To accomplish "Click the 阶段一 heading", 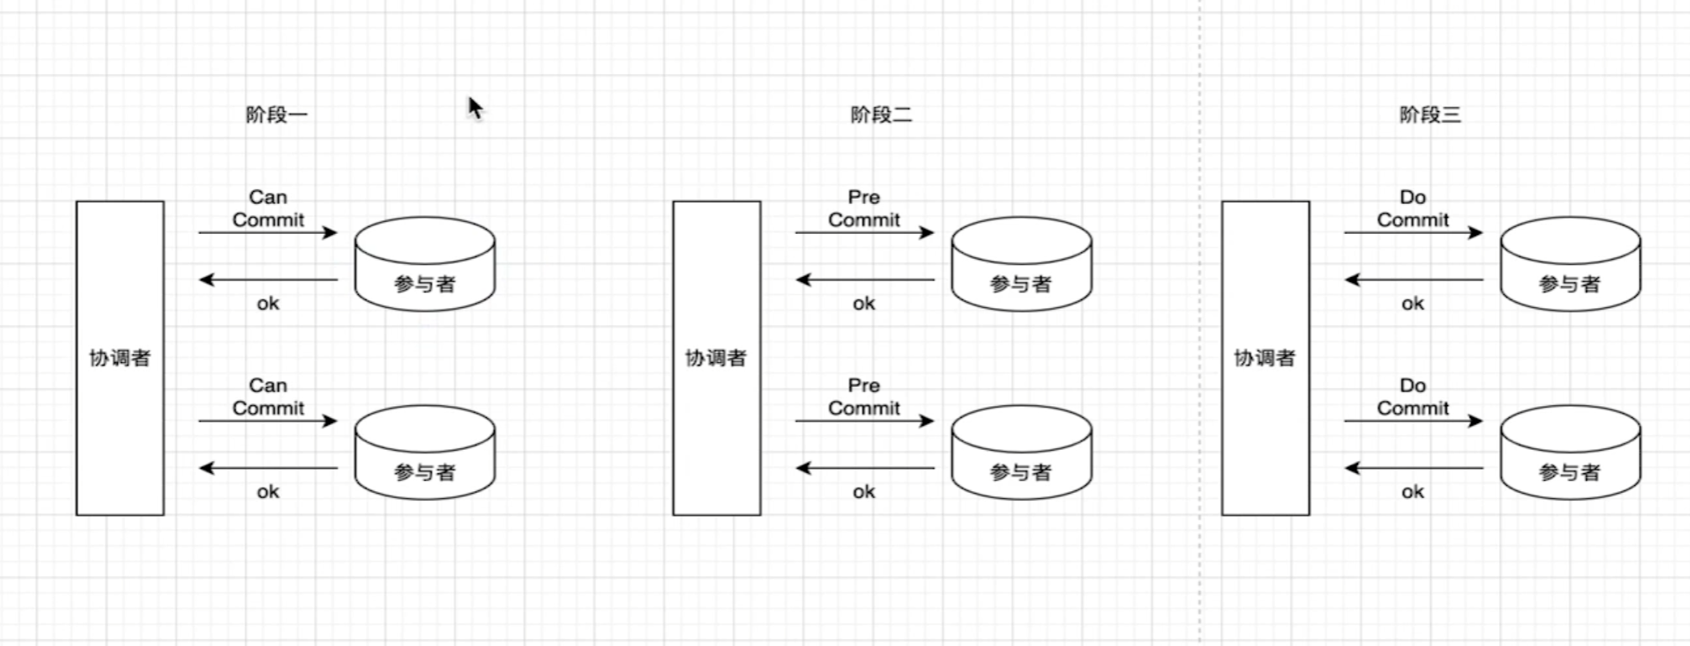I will click(x=276, y=114).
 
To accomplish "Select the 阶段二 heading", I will click(x=881, y=114).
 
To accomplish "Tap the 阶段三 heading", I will click(x=1430, y=114).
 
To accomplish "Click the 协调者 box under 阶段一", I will click(x=120, y=358).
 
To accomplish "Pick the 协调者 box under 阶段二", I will click(x=716, y=358).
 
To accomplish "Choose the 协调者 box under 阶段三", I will click(x=1265, y=358).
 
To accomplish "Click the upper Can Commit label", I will click(x=268, y=209).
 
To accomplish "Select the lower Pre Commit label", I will click(x=864, y=397).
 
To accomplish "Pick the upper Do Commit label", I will click(x=1413, y=209).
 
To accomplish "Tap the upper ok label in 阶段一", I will click(x=268, y=304).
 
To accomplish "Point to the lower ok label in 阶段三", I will click(x=1413, y=492).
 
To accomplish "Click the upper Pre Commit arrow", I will click(x=864, y=232).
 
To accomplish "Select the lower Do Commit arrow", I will click(x=1413, y=421).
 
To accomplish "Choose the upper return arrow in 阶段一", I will click(x=268, y=280).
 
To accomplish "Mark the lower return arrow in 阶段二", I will click(x=864, y=468).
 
